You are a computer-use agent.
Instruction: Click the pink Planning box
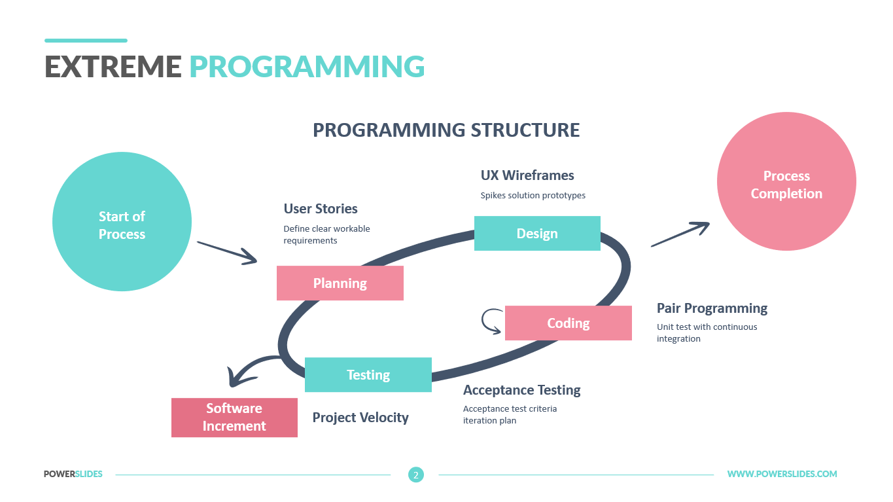(x=340, y=283)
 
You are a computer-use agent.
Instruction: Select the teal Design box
(x=537, y=233)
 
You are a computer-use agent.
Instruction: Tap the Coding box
(x=568, y=323)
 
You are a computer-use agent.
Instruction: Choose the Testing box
(x=368, y=375)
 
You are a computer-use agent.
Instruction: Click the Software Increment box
(x=234, y=418)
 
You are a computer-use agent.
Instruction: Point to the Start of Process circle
(x=122, y=222)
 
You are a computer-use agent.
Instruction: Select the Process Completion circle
(x=786, y=181)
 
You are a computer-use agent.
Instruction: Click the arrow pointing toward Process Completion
(x=680, y=234)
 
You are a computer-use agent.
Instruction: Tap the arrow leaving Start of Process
(x=227, y=253)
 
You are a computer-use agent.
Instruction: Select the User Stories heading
(x=321, y=209)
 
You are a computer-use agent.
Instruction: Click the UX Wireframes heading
(x=527, y=175)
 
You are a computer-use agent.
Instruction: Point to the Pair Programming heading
(x=712, y=308)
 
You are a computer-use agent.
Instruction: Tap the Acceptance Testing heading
(x=521, y=390)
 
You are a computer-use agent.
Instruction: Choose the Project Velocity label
(x=360, y=418)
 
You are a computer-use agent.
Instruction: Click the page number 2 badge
(x=416, y=475)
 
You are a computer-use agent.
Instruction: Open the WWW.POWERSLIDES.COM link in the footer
(x=782, y=474)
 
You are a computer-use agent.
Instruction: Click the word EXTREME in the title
(x=113, y=66)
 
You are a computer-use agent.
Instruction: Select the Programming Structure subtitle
(x=446, y=130)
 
